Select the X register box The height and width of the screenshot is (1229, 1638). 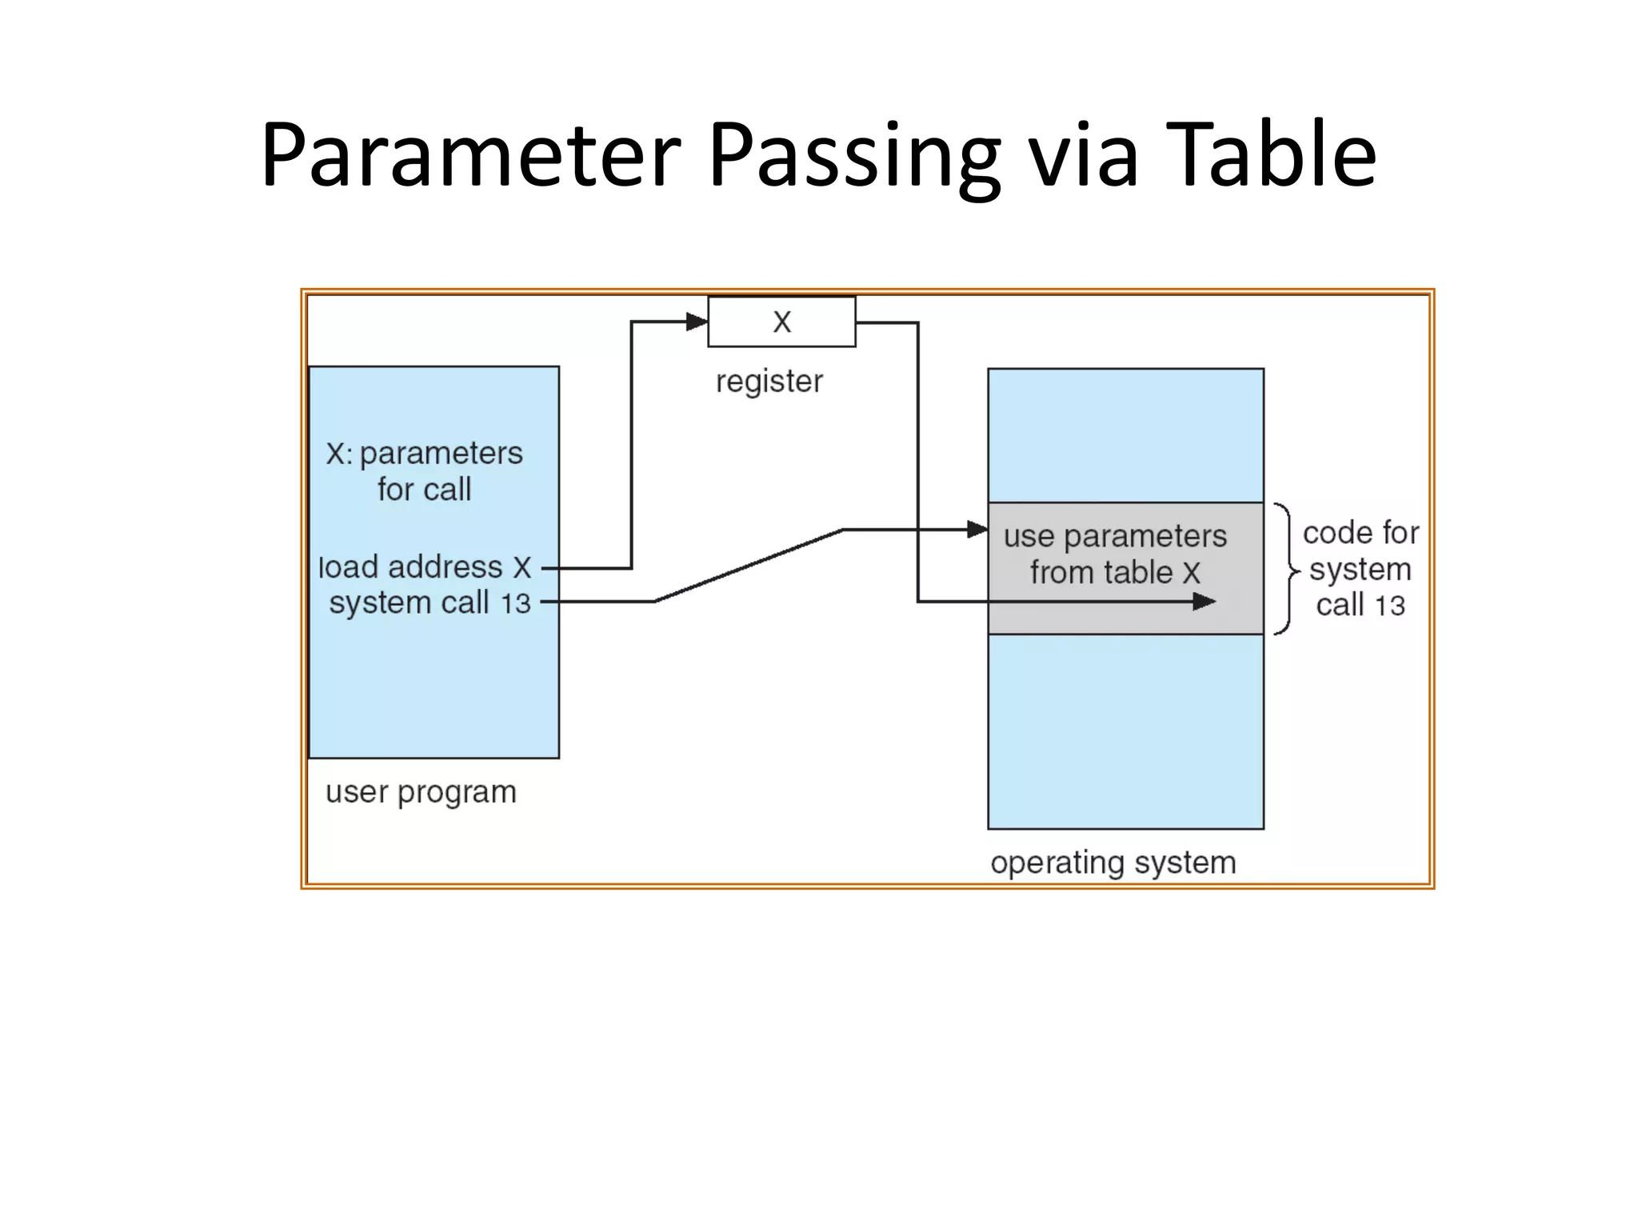781,322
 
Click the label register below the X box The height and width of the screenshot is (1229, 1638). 769,382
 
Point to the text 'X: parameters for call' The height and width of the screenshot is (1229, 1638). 424,470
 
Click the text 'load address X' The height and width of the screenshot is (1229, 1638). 424,567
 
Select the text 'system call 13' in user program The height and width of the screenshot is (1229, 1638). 429,602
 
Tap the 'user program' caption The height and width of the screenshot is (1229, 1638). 421,792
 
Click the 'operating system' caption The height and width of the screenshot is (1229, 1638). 1113,863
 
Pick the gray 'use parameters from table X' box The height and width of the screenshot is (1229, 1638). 1125,568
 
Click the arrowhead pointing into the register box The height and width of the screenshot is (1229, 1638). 697,322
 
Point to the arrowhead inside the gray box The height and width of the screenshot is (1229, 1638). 1204,602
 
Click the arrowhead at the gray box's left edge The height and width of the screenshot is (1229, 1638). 977,529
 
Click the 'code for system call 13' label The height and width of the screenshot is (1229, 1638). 1360,569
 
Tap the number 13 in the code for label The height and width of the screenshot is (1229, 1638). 1389,606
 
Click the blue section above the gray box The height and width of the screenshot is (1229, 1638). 1125,435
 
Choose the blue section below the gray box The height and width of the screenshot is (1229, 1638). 1125,731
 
